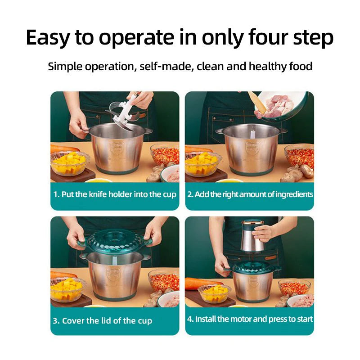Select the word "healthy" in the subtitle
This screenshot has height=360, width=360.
tap(268, 67)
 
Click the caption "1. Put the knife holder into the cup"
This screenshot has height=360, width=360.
tap(115, 194)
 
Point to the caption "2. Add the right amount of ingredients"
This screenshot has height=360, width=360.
tap(250, 194)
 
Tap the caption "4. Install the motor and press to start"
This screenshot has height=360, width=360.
tap(250, 319)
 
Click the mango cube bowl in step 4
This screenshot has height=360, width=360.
tap(215, 293)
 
